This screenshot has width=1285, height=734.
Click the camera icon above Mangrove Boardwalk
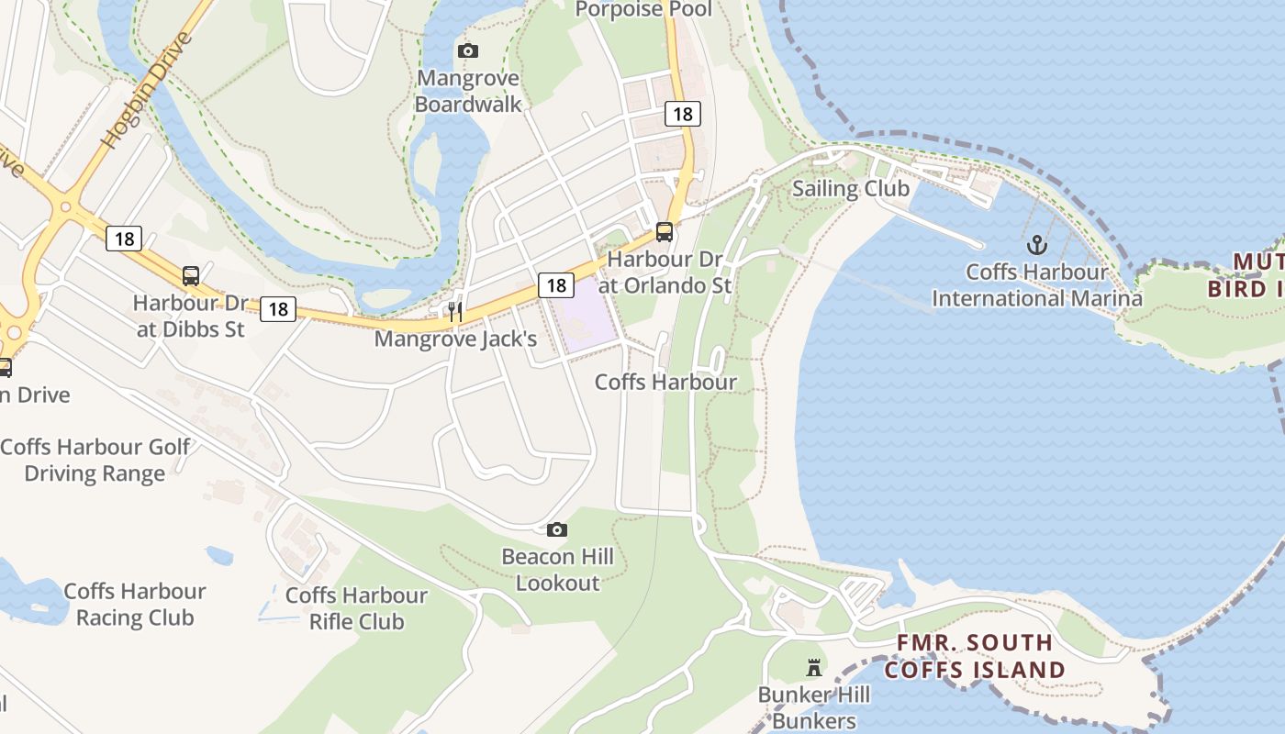[468, 50]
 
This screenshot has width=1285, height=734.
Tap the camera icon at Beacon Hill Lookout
[556, 529]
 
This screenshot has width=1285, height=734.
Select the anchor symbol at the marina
[1036, 245]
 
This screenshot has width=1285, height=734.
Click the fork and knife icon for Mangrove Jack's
[454, 312]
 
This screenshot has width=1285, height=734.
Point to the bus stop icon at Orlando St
[665, 232]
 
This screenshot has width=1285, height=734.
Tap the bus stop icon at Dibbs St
[191, 275]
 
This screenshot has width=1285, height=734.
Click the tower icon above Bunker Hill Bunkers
[814, 667]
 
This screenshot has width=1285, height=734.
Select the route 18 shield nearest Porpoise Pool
[682, 114]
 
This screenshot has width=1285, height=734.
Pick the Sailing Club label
[850, 189]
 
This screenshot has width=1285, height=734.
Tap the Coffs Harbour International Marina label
[1037, 285]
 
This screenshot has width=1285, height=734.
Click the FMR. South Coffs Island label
[974, 656]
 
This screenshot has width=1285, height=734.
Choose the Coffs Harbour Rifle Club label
[356, 608]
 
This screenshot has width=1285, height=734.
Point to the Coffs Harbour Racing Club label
[135, 604]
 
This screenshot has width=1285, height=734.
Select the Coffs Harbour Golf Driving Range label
[95, 460]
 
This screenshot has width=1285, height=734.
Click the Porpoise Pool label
[642, 10]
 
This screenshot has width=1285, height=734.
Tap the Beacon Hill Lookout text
[557, 569]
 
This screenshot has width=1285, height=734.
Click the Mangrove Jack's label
[455, 339]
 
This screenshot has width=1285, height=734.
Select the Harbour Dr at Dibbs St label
[191, 316]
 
